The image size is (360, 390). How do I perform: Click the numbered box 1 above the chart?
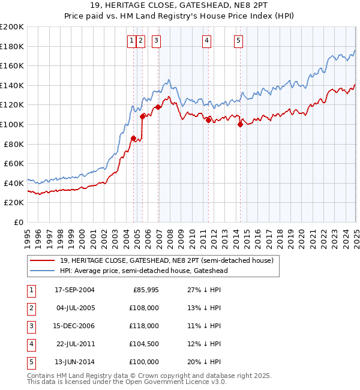coord(131,41)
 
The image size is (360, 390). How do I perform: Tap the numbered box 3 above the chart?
coord(156,41)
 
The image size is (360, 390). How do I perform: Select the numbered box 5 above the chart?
coord(238,41)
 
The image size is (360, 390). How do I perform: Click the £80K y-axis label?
coord(14,144)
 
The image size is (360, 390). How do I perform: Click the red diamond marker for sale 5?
coord(240,125)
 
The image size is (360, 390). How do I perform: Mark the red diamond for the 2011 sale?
coord(208,120)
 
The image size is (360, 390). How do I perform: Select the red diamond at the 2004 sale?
coord(133,138)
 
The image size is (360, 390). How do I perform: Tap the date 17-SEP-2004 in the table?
coord(74,290)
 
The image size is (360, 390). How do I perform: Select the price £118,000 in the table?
coord(145,326)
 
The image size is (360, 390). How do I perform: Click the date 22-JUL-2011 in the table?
coord(74,344)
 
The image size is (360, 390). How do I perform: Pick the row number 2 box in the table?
coord(30,308)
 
